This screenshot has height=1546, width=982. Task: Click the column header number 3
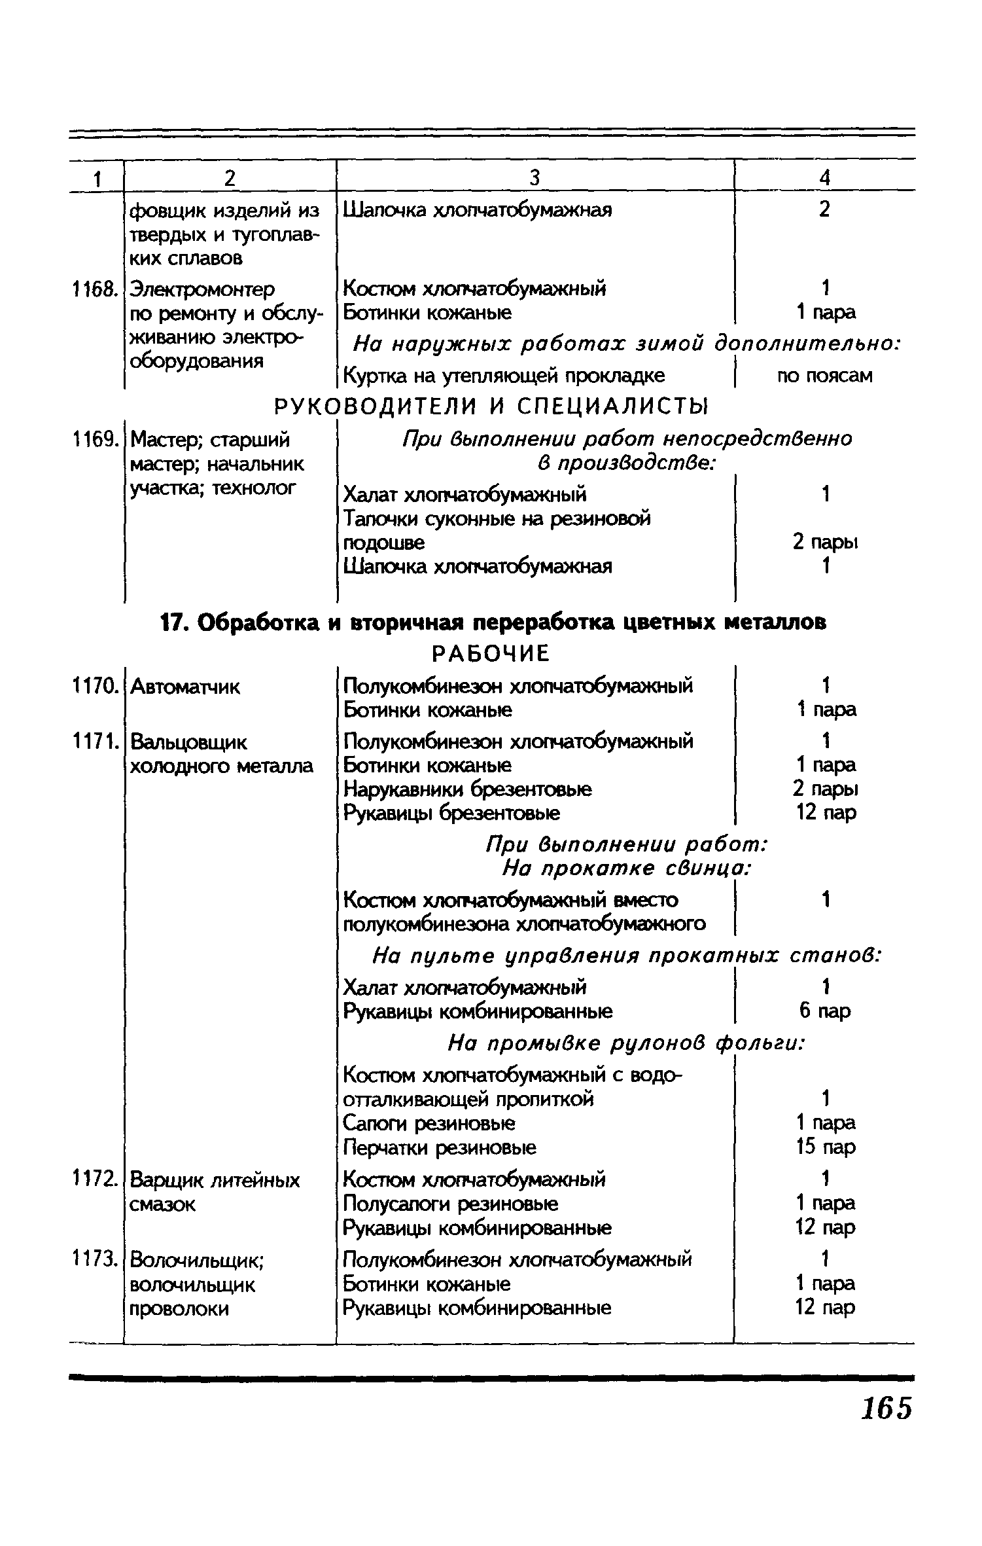(535, 177)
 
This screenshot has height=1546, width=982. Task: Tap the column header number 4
(825, 177)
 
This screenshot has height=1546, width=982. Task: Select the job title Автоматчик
(185, 687)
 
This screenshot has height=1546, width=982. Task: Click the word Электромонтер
(203, 289)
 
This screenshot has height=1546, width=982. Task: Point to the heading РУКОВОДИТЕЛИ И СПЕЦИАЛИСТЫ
(491, 407)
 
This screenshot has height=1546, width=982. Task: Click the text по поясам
(825, 376)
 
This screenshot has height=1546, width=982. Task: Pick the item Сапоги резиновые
(429, 1124)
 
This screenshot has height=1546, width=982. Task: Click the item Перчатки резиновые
(440, 1147)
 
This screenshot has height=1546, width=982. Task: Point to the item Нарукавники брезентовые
(468, 789)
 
